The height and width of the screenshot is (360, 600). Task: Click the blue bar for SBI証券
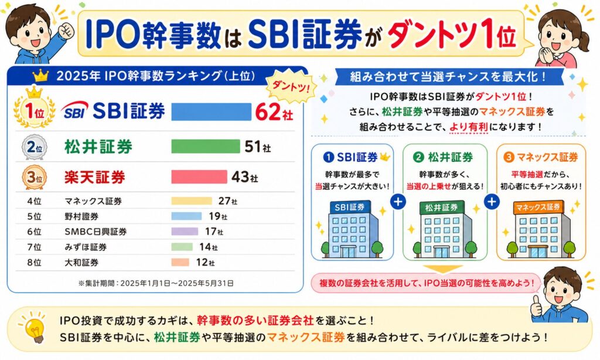tap(210, 111)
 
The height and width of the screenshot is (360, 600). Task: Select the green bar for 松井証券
tap(206, 147)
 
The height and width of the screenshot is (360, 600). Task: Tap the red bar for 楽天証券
tap(199, 176)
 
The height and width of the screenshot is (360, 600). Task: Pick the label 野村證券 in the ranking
tap(81, 216)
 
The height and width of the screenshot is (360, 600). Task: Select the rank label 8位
tap(34, 262)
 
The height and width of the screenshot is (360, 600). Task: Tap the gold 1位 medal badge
tap(34, 110)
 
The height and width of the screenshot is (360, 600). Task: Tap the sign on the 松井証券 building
tap(442, 208)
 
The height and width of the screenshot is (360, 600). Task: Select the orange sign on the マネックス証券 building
tap(538, 208)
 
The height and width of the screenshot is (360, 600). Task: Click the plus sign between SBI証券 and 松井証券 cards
tap(398, 201)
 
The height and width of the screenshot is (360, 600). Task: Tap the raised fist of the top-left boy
tap(66, 30)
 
